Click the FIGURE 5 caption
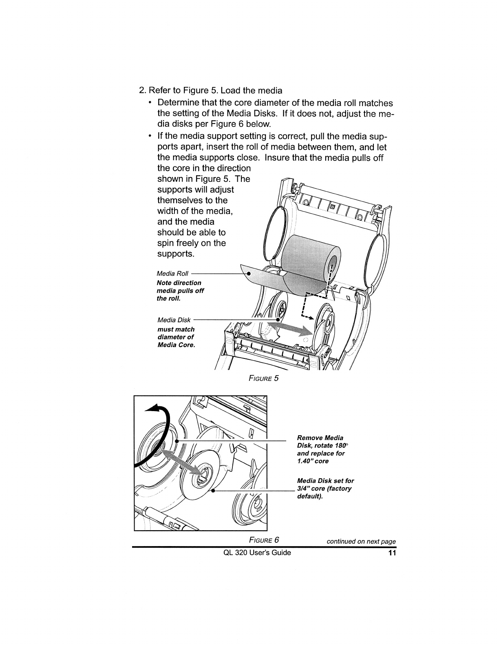click(263, 378)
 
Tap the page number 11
click(392, 553)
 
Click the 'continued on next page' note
click(361, 542)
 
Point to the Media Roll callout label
click(172, 273)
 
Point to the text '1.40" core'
click(313, 461)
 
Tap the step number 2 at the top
click(142, 90)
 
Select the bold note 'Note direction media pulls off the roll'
click(180, 290)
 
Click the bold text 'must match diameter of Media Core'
click(176, 337)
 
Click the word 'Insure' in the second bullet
click(276, 157)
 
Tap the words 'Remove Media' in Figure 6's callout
click(320, 438)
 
